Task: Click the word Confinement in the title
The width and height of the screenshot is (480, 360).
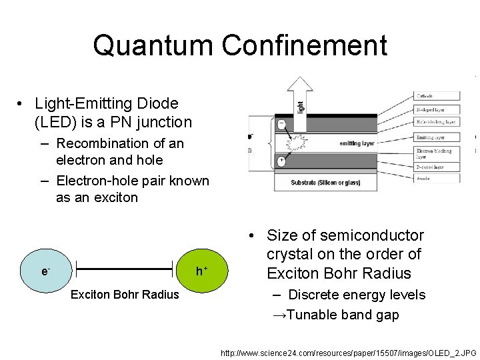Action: point(305,45)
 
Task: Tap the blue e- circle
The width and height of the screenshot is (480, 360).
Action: point(45,271)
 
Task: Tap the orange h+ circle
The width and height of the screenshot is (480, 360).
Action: point(200,271)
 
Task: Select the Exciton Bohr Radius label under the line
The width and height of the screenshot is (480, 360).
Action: point(125,294)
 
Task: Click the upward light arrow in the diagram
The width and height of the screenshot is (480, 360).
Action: point(299,100)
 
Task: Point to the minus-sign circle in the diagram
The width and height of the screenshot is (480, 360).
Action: point(283,124)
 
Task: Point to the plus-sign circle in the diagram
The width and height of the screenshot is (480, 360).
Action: point(283,161)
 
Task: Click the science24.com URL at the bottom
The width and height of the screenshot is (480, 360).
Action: point(348,351)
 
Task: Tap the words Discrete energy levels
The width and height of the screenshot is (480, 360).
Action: point(357,295)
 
